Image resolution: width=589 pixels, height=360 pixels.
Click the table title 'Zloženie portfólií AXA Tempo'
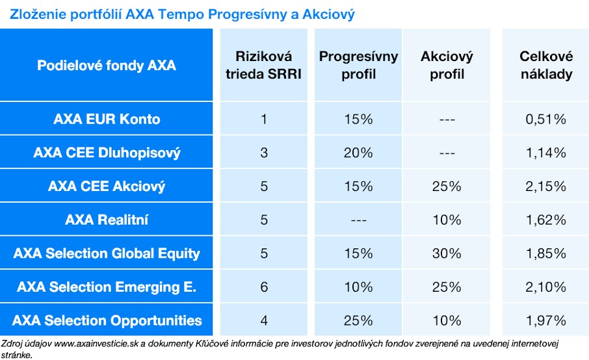[x=182, y=14]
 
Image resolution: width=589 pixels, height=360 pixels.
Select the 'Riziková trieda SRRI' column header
[x=263, y=65]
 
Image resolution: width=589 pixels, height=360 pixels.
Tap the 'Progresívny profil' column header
[x=358, y=65]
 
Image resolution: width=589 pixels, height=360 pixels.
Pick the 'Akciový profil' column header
[x=447, y=65]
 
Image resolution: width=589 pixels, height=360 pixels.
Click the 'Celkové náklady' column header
[x=545, y=65]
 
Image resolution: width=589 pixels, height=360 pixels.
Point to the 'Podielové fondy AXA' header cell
[x=107, y=66]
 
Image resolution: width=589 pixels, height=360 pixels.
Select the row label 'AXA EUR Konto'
[x=107, y=119]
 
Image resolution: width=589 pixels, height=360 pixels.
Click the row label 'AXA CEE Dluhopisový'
[x=107, y=153]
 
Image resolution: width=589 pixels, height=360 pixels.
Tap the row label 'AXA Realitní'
[x=107, y=220]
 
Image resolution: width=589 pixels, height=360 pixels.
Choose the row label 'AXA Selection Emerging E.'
[x=107, y=287]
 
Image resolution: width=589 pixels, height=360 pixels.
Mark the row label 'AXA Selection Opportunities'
[x=107, y=320]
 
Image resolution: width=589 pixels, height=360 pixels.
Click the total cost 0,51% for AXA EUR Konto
[x=545, y=119]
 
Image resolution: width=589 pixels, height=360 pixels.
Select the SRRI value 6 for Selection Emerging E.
[x=263, y=287]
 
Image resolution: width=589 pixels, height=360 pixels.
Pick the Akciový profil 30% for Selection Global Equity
[x=447, y=253]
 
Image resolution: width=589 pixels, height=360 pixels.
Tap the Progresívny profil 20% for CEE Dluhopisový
[x=358, y=153]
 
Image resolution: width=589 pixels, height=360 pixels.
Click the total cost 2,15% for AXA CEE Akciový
[x=545, y=186]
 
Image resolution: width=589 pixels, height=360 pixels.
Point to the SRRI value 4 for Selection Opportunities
[x=263, y=320]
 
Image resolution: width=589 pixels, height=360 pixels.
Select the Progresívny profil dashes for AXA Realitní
[x=358, y=220]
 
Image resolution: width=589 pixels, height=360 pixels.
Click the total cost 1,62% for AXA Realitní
[x=545, y=220]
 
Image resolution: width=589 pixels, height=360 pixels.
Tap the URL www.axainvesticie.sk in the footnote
[x=95, y=343]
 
